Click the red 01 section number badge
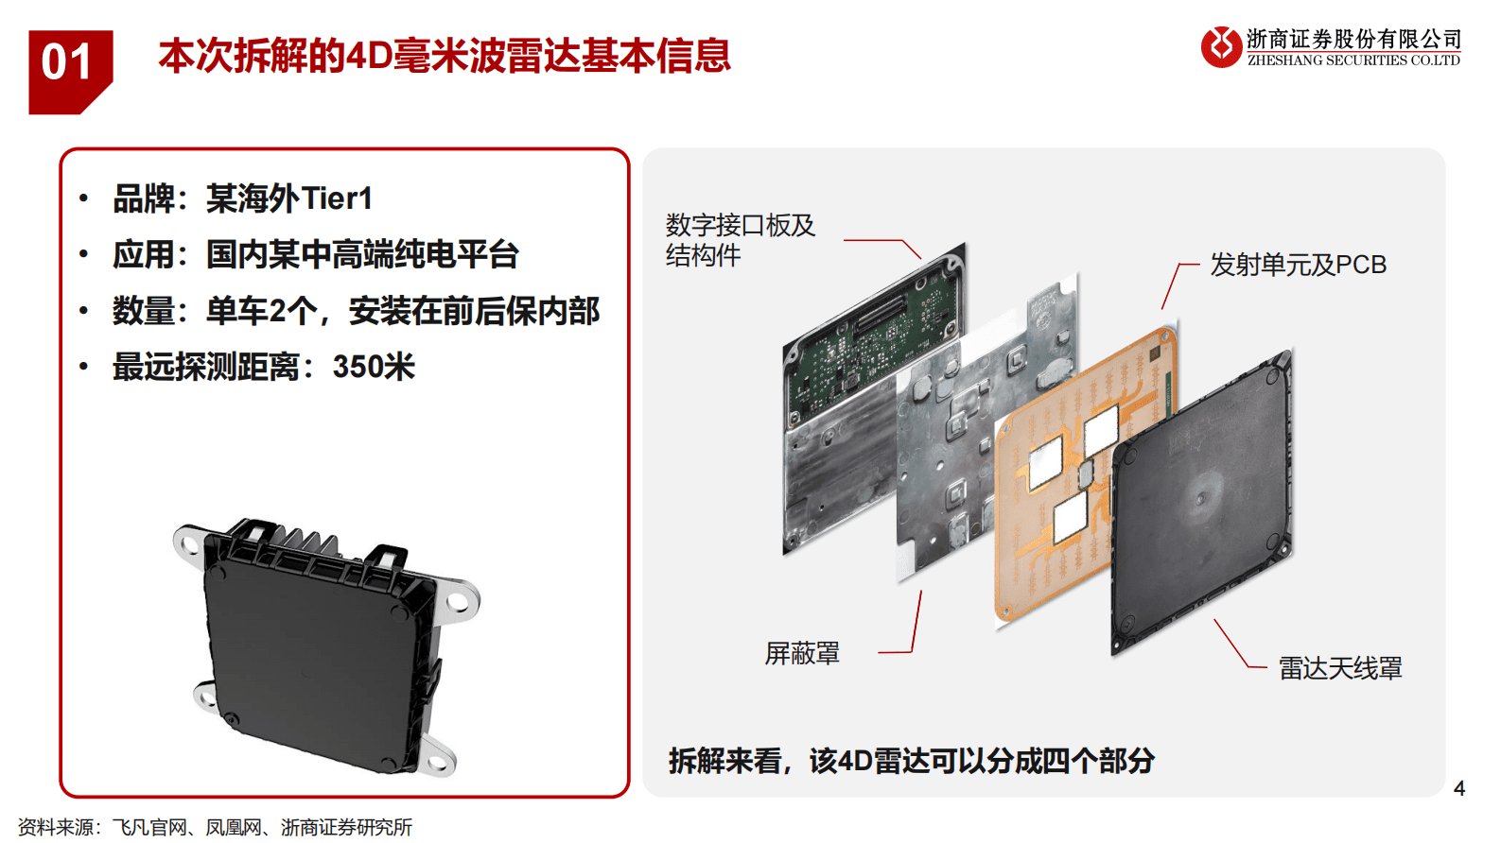click(x=70, y=72)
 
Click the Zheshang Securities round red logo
click(x=1221, y=47)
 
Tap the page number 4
click(x=1458, y=788)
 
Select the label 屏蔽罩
click(x=802, y=653)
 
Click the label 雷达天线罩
click(x=1340, y=668)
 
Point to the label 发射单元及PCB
click(x=1298, y=265)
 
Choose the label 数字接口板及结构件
click(x=740, y=240)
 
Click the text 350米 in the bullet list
click(x=374, y=367)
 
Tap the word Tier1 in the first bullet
click(x=337, y=198)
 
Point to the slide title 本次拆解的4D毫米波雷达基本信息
click(x=445, y=55)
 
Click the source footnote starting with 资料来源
click(x=215, y=827)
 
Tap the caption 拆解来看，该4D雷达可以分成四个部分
click(x=912, y=761)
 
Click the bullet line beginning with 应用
click(x=316, y=254)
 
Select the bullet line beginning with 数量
click(x=356, y=311)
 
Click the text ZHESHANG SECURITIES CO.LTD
click(x=1353, y=60)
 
